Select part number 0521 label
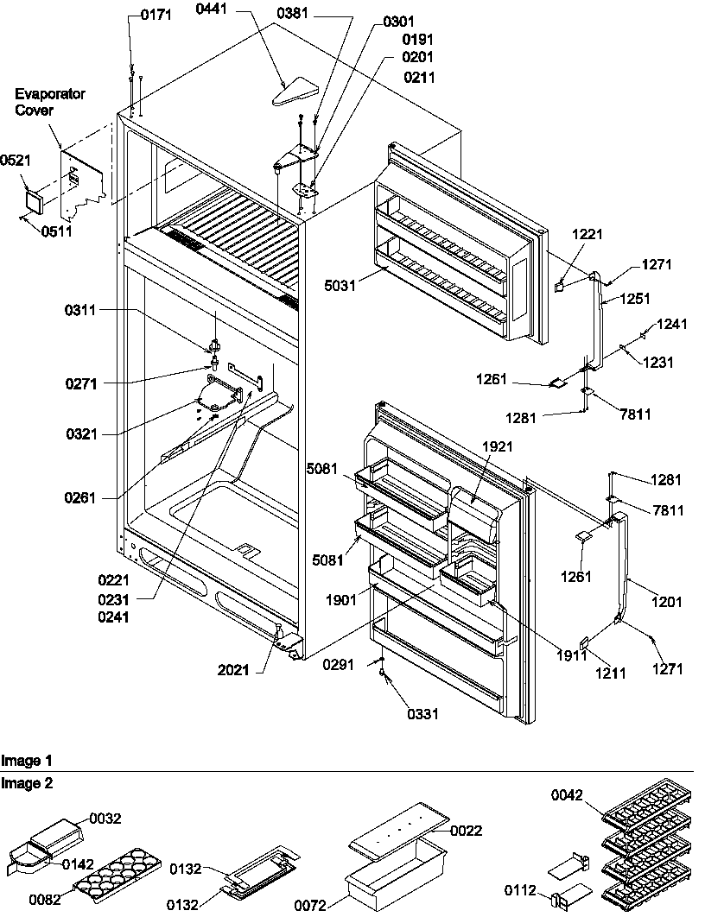pyautogui.click(x=14, y=161)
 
